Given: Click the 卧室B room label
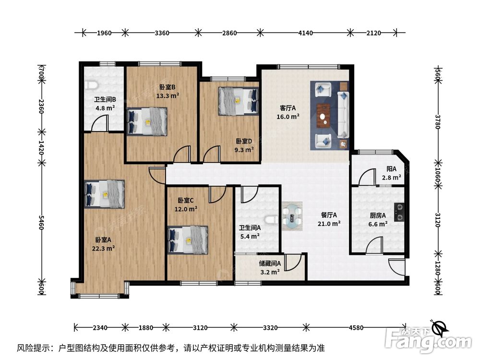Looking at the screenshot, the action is click(x=168, y=87).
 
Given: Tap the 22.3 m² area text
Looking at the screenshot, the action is click(x=104, y=248).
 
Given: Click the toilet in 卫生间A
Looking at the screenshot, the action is click(x=271, y=219).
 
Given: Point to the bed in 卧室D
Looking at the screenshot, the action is click(x=238, y=101).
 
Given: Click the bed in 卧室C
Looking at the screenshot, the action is click(x=188, y=240).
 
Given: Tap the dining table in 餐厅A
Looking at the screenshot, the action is click(x=292, y=216).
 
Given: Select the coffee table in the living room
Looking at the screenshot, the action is click(x=323, y=115).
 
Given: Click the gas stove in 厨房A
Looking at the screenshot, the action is click(x=399, y=212).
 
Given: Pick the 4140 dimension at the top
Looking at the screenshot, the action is click(x=305, y=33).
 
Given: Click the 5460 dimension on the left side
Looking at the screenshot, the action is click(x=41, y=223).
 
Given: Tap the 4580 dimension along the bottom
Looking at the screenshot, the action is click(x=356, y=327).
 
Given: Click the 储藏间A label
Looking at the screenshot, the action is click(x=270, y=263).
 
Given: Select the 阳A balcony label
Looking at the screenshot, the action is click(x=392, y=168).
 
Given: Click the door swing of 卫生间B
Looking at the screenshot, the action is click(x=100, y=123).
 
